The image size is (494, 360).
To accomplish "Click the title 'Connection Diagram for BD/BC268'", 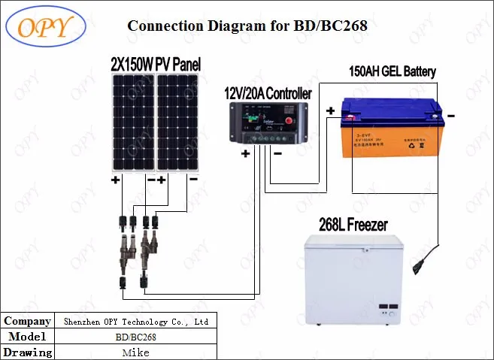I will tap(247, 26).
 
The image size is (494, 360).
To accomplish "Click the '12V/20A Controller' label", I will tap(268, 94).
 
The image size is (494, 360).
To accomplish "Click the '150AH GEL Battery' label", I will tap(392, 72).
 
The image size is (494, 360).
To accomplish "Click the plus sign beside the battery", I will tap(330, 111).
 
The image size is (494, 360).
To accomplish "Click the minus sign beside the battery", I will tap(451, 116).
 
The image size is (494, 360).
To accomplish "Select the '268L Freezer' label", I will tap(353, 224).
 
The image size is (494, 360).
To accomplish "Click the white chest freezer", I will tap(354, 281).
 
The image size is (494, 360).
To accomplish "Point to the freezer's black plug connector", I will tap(418, 266).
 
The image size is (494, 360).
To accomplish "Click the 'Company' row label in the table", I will tap(27, 321).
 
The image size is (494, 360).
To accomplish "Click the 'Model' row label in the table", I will tap(27, 337).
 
